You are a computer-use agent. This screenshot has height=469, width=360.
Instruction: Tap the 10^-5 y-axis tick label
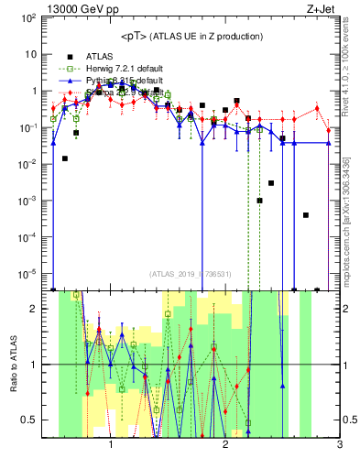tap(28, 273)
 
